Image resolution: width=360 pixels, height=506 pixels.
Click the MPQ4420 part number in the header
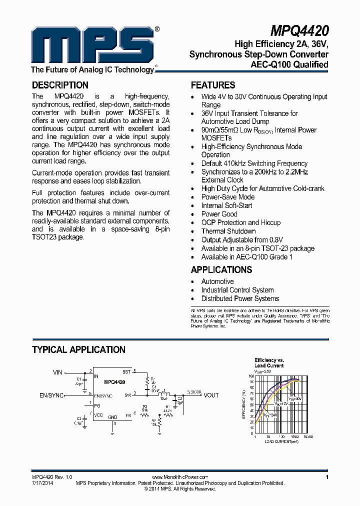[299, 31]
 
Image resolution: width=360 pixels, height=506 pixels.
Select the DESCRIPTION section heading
[60, 85]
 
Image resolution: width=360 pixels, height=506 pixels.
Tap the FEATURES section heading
[213, 85]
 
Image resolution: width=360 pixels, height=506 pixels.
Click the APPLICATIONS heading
[221, 269]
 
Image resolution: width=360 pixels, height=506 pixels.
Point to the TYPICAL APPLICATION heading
[78, 350]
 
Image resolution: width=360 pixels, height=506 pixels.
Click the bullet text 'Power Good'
[219, 214]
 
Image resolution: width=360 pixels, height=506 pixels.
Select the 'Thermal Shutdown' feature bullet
[228, 231]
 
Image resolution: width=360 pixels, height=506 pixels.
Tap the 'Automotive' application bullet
[217, 281]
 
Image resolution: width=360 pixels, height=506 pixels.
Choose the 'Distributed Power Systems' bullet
[240, 298]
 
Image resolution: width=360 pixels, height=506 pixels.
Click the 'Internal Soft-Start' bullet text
[226, 205]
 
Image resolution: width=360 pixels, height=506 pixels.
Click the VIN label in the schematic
[58, 372]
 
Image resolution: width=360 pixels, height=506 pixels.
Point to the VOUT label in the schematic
[210, 395]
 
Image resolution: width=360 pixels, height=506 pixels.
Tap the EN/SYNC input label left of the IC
[51, 395]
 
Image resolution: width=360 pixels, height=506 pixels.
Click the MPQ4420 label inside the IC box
[114, 382]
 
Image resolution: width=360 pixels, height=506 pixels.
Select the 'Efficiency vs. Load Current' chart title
[269, 362]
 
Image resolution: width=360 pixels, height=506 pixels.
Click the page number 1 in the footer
[326, 477]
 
